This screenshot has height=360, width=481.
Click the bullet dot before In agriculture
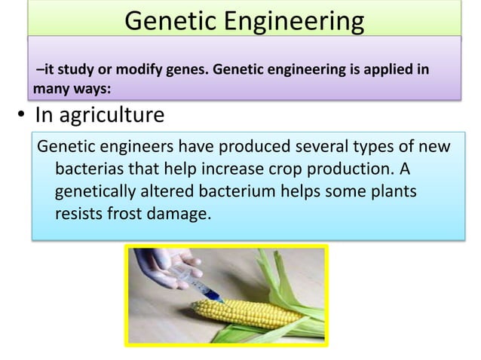[x=22, y=117]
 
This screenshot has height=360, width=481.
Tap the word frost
[x=126, y=214]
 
